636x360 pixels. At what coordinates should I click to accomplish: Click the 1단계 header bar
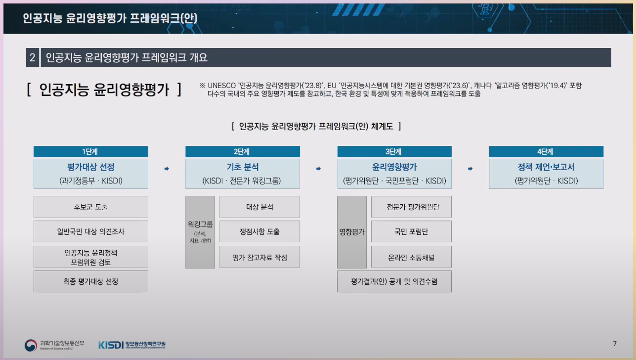click(x=90, y=152)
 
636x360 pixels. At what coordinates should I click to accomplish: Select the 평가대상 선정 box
click(x=90, y=174)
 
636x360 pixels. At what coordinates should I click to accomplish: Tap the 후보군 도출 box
click(x=90, y=207)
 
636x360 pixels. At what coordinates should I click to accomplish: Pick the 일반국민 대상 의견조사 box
click(x=90, y=231)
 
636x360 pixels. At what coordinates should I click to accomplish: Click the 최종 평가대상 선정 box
click(x=90, y=281)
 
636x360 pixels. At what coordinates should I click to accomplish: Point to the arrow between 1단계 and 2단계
click(x=167, y=169)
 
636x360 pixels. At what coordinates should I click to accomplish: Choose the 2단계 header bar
click(x=242, y=152)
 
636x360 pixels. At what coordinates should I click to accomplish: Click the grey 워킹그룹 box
click(x=200, y=232)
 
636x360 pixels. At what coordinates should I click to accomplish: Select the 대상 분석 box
click(x=259, y=207)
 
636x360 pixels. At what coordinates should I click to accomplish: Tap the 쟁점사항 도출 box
click(x=259, y=231)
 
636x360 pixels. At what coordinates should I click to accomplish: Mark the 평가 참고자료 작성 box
click(x=259, y=257)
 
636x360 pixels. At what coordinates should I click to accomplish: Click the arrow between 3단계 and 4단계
click(x=470, y=169)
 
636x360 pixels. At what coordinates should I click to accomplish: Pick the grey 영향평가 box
click(x=352, y=232)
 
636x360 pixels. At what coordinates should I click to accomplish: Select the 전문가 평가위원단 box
click(x=411, y=207)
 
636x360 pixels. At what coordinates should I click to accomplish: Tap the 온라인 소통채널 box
click(x=411, y=257)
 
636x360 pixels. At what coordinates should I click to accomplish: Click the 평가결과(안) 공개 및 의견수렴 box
click(x=394, y=281)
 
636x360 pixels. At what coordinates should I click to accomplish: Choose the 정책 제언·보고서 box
click(x=546, y=174)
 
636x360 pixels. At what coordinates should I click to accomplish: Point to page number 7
click(x=614, y=344)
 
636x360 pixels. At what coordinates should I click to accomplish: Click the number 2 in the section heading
click(x=33, y=58)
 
